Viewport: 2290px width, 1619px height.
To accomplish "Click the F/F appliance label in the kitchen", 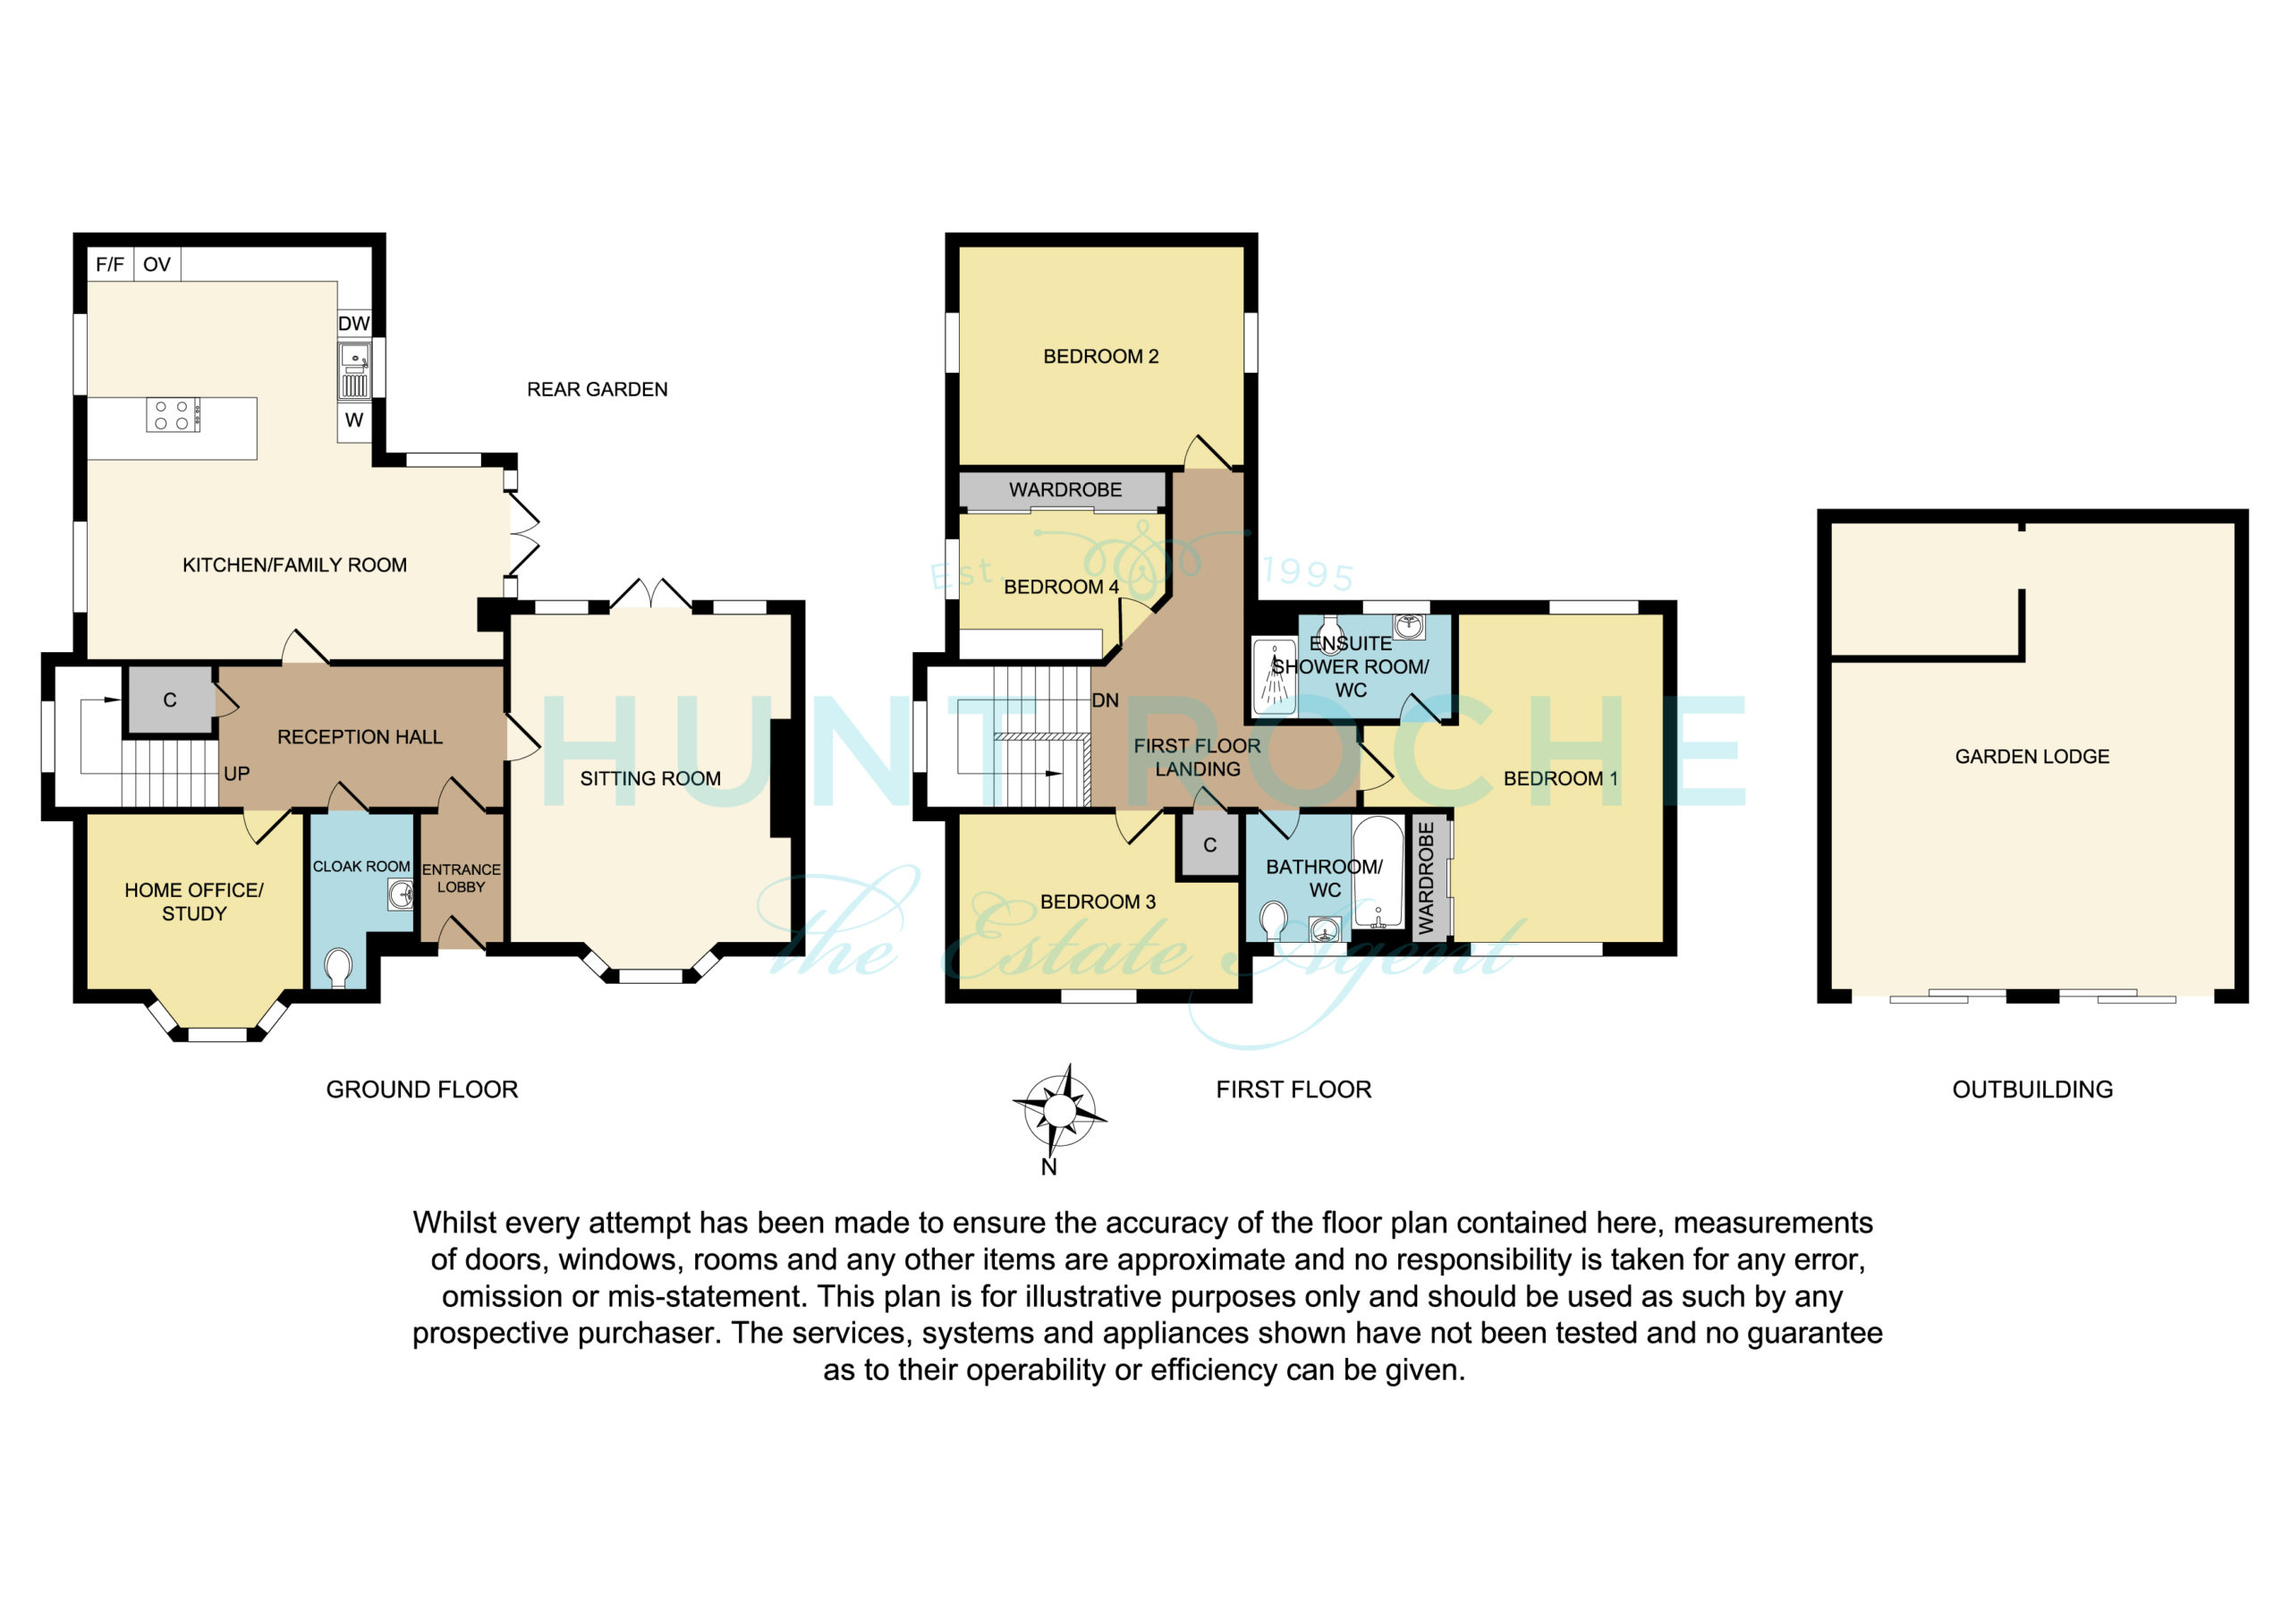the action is click(110, 265).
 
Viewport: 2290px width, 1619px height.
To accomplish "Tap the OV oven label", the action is click(157, 265).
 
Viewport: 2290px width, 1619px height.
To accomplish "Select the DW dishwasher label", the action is click(354, 323).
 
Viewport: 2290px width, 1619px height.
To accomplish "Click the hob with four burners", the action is click(173, 415).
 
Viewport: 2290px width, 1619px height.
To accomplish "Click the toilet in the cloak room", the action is click(338, 968).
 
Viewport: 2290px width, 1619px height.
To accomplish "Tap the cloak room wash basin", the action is click(401, 894).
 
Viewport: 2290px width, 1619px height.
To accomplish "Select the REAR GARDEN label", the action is click(598, 389).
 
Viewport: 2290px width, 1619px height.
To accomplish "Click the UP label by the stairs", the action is click(236, 773).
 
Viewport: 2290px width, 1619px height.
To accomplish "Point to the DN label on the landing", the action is click(1105, 700).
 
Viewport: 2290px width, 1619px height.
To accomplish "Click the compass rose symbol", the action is click(1060, 1109).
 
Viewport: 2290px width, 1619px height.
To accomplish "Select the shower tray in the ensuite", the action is click(1274, 677).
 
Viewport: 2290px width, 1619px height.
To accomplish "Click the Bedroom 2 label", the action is click(1101, 356).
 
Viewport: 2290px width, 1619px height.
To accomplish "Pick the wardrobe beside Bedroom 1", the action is click(1429, 877).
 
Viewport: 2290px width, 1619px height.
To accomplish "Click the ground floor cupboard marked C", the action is click(171, 700).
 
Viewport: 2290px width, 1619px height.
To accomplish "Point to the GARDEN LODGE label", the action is click(2031, 756).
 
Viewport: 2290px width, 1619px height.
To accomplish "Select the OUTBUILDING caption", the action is click(2032, 1089).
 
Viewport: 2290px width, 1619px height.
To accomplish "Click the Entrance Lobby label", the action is click(461, 877).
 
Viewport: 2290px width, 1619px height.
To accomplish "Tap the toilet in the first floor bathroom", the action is click(1274, 920).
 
